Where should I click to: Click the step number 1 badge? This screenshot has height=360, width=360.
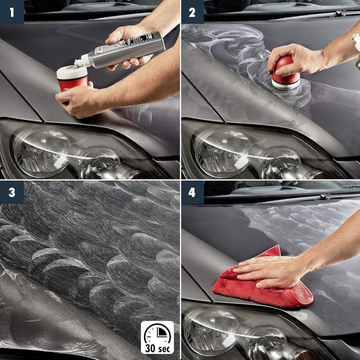coord(11,11)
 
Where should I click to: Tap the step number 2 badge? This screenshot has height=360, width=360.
coord(192,11)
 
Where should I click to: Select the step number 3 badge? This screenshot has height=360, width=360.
coord(11,192)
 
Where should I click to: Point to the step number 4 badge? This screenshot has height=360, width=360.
coord(192,192)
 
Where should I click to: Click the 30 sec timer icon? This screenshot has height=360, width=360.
coord(157,332)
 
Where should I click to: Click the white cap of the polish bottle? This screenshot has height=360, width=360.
coord(81,63)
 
